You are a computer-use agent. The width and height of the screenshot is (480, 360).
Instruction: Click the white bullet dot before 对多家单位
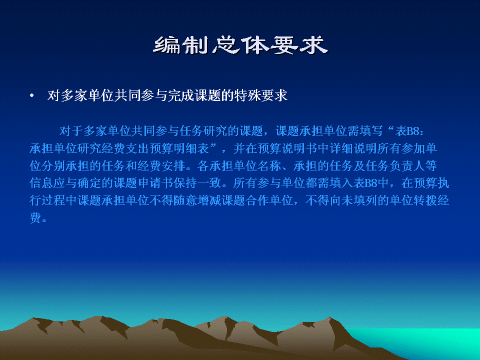[x=32, y=96]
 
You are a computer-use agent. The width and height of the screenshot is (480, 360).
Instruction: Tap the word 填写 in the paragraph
[x=371, y=131]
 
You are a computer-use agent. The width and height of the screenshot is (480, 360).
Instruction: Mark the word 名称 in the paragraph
[x=269, y=166]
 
